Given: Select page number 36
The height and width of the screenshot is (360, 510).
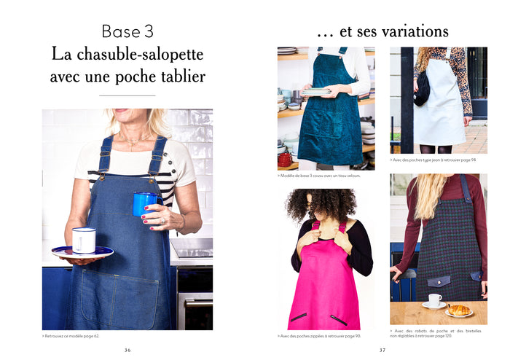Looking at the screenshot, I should tap(127, 350).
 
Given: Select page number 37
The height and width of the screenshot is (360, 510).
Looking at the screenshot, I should tap(382, 350).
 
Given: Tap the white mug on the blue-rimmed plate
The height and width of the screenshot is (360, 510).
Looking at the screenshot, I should tap(84, 240).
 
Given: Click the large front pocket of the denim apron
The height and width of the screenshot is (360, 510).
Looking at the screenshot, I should tap(117, 291).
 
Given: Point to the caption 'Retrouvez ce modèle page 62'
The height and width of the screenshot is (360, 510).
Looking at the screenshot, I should tap(80, 336).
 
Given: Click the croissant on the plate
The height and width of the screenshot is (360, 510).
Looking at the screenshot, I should tap(458, 309).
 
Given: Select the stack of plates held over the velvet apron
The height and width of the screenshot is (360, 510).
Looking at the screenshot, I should tap(315, 92).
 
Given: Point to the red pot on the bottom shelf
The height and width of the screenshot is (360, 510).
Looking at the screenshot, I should tap(285, 158).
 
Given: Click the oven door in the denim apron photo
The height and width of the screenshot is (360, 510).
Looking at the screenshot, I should tap(195, 299).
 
